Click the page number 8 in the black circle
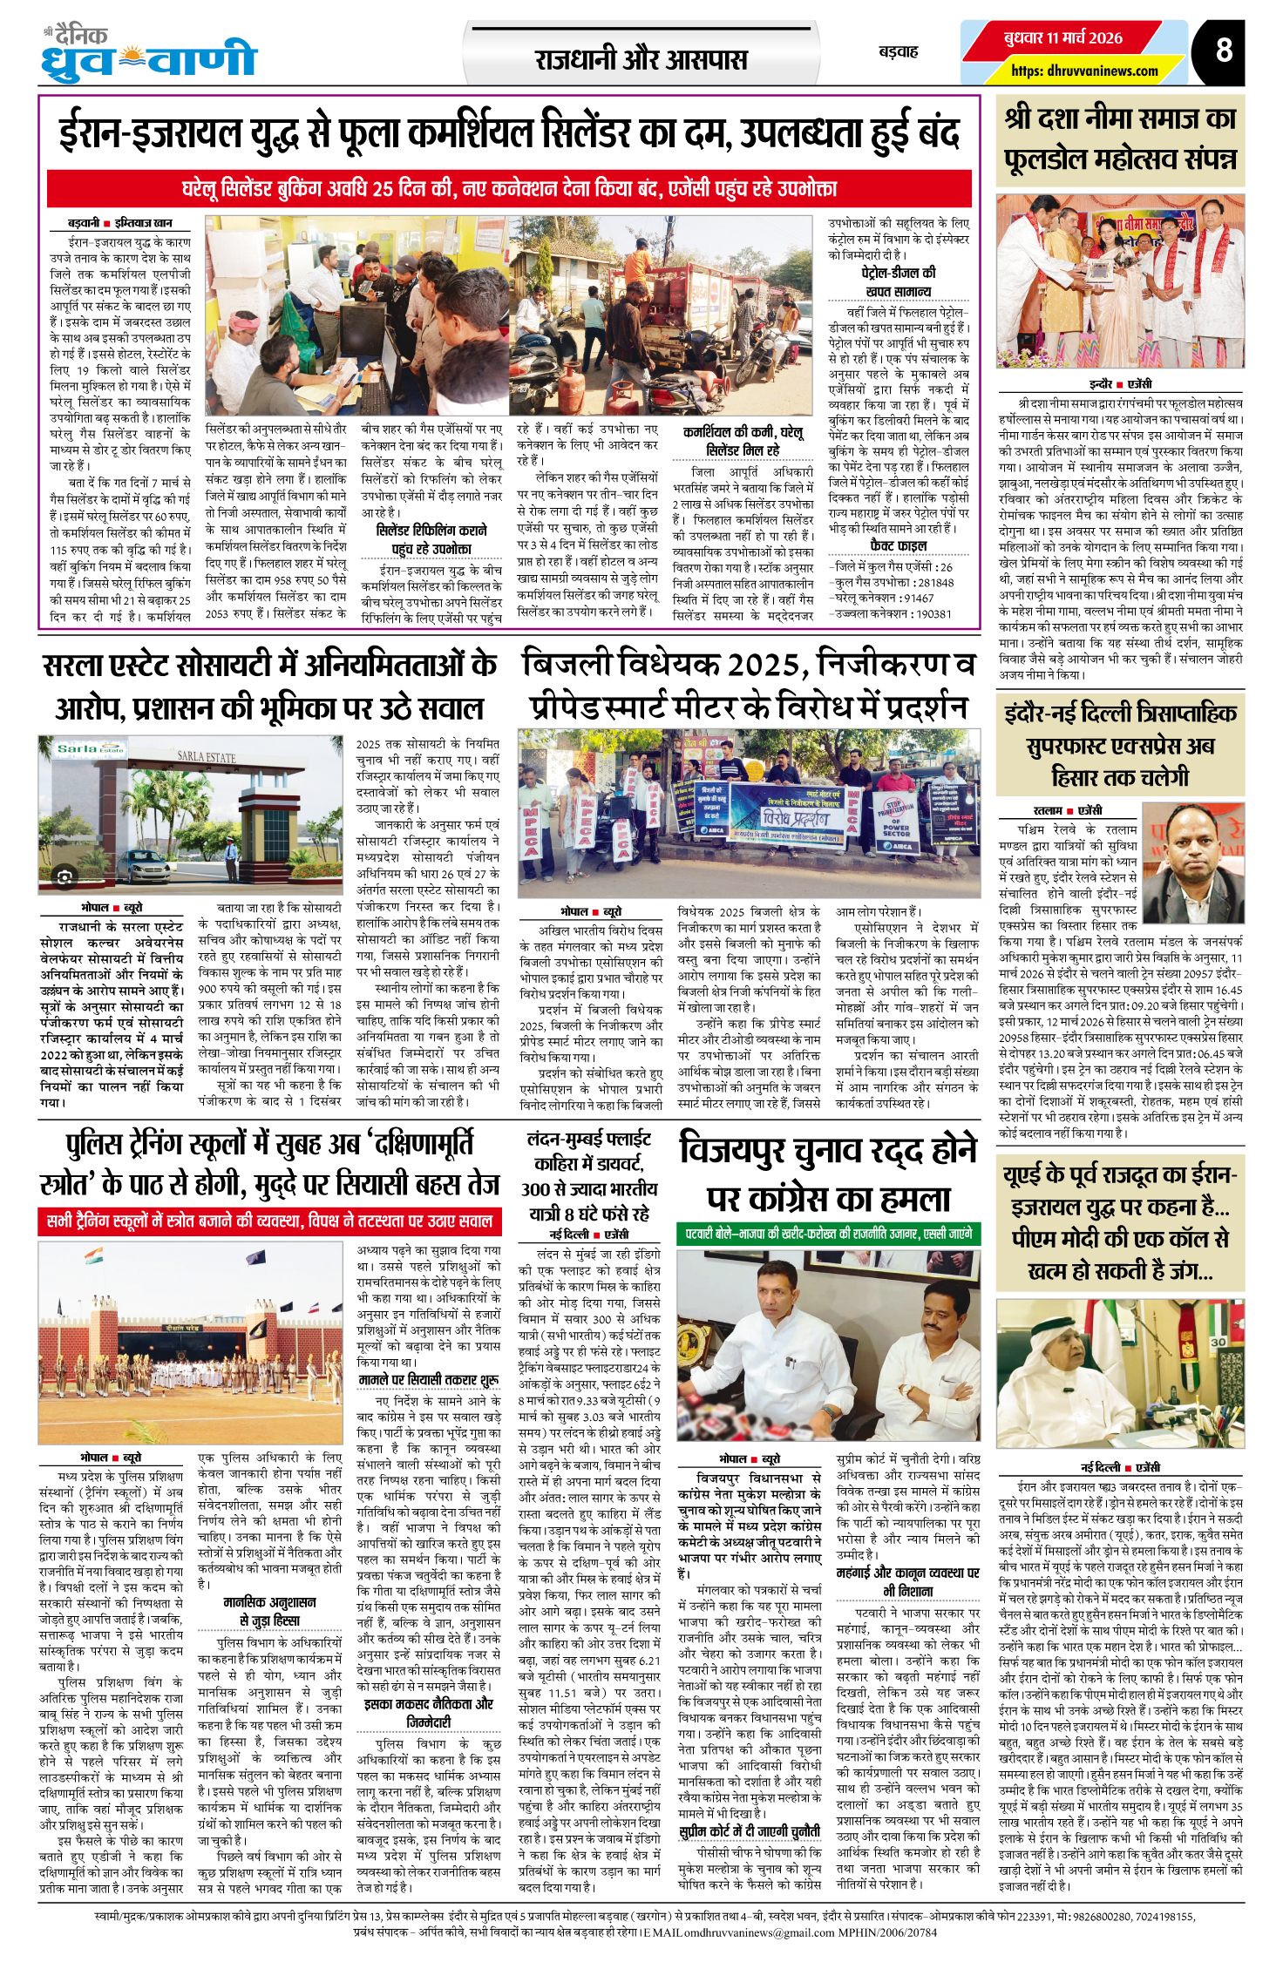pos(1224,50)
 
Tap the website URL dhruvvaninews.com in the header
pos(1084,71)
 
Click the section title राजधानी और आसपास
pos(641,59)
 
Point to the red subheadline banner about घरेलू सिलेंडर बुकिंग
pos(509,188)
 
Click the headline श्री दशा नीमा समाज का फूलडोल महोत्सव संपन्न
pos(1120,139)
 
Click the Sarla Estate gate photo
pos(190,814)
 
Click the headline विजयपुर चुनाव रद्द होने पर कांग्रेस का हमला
pos(828,1174)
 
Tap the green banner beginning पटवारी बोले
pos(829,1233)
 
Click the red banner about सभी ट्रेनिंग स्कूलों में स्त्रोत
pos(269,1221)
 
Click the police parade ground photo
pos(190,1343)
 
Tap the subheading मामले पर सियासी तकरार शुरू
pos(429,1380)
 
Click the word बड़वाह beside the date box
pos(898,52)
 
